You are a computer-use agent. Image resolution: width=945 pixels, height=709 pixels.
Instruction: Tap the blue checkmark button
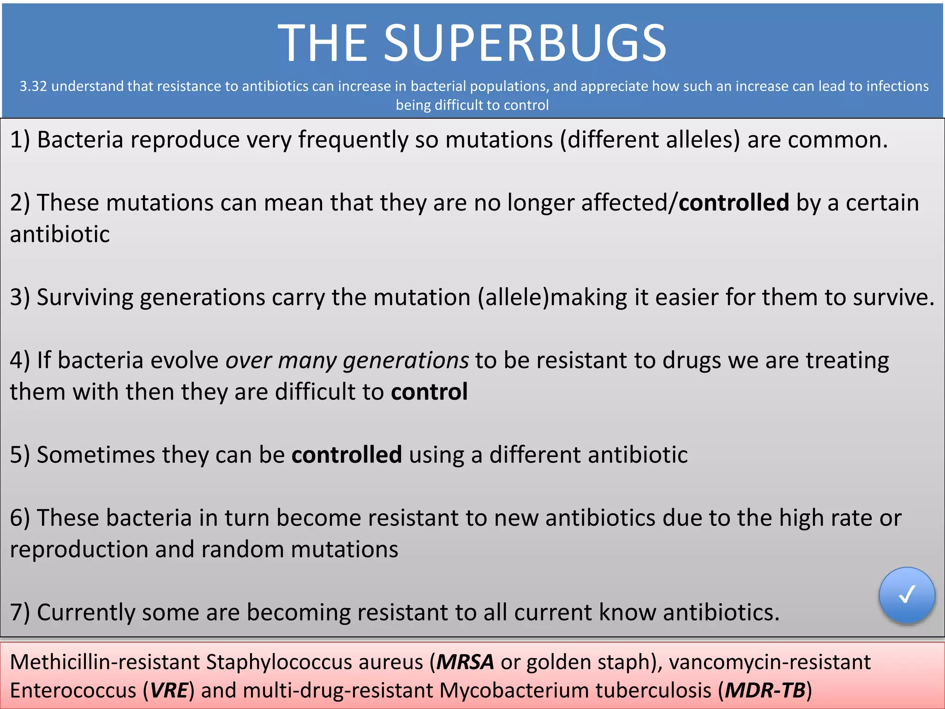(907, 595)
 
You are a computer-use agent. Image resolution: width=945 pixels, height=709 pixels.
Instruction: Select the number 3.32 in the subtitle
(33, 86)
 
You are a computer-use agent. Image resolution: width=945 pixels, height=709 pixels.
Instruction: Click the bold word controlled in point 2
(734, 203)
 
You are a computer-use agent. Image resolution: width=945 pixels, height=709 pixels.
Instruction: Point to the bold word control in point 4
(429, 392)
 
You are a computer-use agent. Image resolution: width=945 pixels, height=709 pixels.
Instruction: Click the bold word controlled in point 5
(347, 455)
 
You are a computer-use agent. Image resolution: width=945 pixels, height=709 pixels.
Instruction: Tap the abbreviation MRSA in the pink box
(465, 662)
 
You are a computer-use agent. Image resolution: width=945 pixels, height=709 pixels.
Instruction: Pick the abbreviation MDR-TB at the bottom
(765, 691)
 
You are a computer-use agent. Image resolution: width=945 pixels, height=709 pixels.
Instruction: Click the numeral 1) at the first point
(20, 140)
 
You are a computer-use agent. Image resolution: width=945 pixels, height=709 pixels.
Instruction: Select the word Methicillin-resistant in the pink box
(104, 662)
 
